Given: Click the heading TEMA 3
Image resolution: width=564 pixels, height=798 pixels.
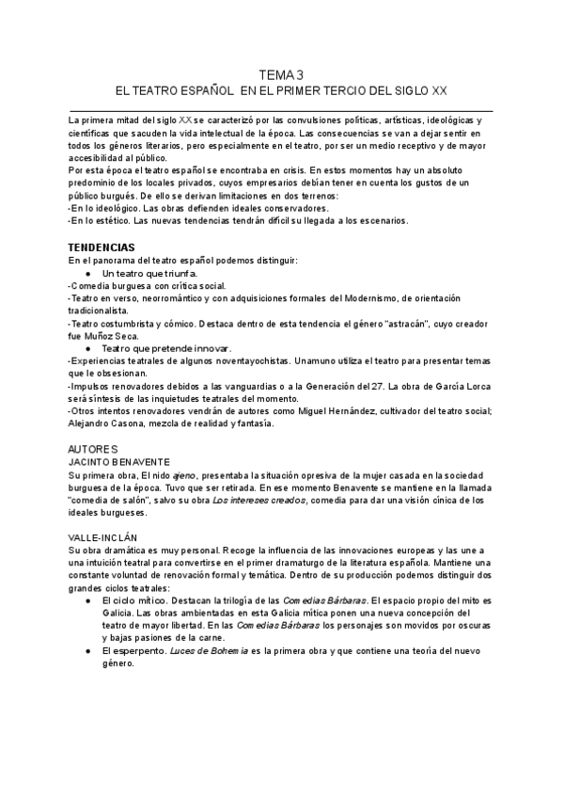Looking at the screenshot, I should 282,75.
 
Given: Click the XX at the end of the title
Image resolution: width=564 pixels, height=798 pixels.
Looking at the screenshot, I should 439,92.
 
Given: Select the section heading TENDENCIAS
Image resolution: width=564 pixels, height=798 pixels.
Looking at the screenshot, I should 109,247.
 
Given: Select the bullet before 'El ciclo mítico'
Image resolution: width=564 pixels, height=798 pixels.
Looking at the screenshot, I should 87,599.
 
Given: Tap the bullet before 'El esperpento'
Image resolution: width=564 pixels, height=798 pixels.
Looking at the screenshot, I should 87,649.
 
